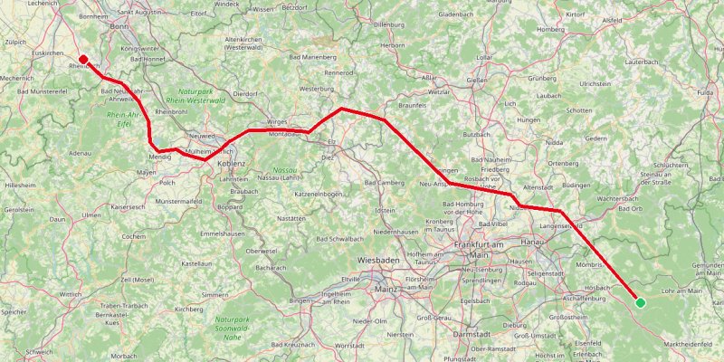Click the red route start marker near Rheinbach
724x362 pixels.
click(83, 60)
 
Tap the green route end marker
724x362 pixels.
click(640, 302)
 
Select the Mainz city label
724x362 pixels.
click(386, 289)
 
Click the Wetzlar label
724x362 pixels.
click(439, 93)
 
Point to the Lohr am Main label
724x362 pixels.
click(683, 291)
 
